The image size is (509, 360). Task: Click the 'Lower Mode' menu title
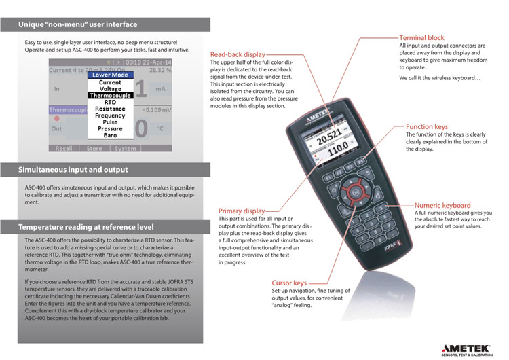(x=111, y=75)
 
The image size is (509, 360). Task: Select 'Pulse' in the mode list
(x=110, y=122)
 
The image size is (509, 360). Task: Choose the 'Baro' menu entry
(x=110, y=135)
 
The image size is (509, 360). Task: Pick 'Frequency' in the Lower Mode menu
(x=110, y=115)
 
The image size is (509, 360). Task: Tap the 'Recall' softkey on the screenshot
(x=63, y=148)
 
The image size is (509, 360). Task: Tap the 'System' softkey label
(x=125, y=148)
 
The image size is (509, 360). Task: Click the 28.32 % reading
(x=162, y=69)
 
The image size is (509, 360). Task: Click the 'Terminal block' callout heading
(x=421, y=38)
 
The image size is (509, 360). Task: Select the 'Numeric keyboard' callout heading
(x=442, y=205)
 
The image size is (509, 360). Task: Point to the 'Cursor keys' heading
(x=290, y=283)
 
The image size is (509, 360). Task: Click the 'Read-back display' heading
(x=238, y=54)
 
